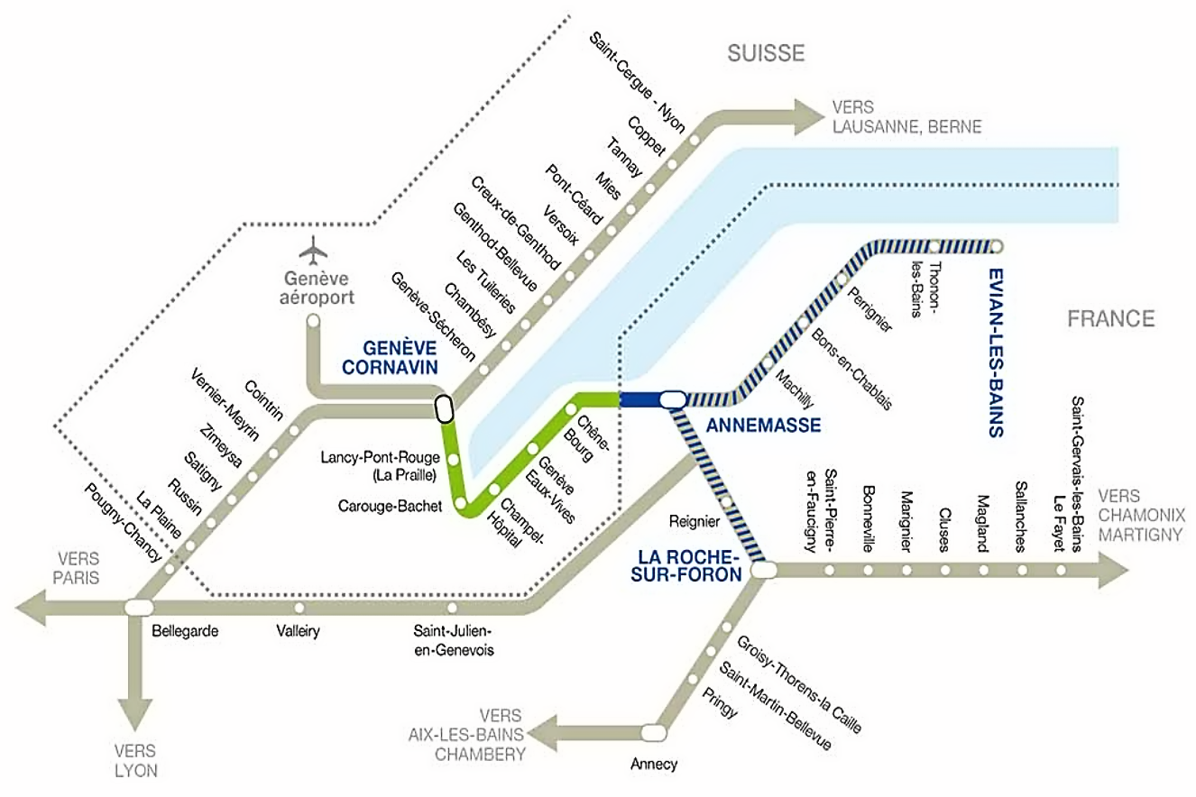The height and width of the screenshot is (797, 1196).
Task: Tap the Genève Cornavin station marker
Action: (x=443, y=408)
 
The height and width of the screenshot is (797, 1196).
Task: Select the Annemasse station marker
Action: (x=673, y=398)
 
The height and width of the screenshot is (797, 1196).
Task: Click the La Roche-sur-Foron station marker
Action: (x=764, y=570)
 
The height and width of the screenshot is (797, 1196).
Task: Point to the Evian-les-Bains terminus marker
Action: (x=997, y=245)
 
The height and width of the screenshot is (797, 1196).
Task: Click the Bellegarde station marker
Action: (x=138, y=606)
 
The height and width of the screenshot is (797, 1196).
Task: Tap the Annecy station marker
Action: (x=654, y=731)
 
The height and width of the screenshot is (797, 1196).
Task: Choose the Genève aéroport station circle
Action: (x=313, y=320)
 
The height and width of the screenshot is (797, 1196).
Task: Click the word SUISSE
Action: (x=766, y=53)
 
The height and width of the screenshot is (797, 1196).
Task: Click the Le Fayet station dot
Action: (x=1061, y=570)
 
